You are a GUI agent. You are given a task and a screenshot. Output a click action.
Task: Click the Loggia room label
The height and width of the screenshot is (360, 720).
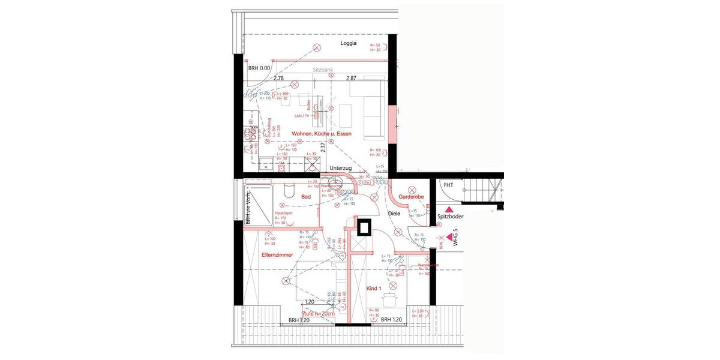(x=349, y=44)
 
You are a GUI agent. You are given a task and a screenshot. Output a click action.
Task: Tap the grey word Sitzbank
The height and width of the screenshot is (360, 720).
(x=323, y=70)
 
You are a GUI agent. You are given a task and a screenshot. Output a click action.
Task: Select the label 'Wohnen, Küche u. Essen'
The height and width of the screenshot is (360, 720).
(x=321, y=133)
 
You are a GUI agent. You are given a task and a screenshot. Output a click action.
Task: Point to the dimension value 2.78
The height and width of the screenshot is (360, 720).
(x=278, y=79)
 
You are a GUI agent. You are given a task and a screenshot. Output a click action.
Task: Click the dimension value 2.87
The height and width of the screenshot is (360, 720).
(x=351, y=79)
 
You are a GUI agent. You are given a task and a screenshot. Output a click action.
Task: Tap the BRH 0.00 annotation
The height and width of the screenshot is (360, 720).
(x=260, y=68)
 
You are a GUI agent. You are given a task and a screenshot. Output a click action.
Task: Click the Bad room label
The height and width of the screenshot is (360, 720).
(x=305, y=196)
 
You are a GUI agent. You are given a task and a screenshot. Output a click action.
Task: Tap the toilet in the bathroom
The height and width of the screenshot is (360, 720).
(x=287, y=191)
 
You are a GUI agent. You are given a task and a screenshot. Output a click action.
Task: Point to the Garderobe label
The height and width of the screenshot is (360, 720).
(x=412, y=197)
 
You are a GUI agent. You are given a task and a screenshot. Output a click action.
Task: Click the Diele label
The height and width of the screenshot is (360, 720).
(x=394, y=213)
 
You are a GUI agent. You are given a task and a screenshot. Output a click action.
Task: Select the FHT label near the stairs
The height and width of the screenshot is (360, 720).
(x=448, y=185)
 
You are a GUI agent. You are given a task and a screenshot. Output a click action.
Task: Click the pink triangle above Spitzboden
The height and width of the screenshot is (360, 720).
(x=448, y=208)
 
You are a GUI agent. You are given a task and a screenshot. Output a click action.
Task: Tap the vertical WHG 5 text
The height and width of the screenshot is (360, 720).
(x=455, y=238)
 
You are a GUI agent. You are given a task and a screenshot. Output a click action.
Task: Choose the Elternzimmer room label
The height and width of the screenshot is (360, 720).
(x=277, y=255)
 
